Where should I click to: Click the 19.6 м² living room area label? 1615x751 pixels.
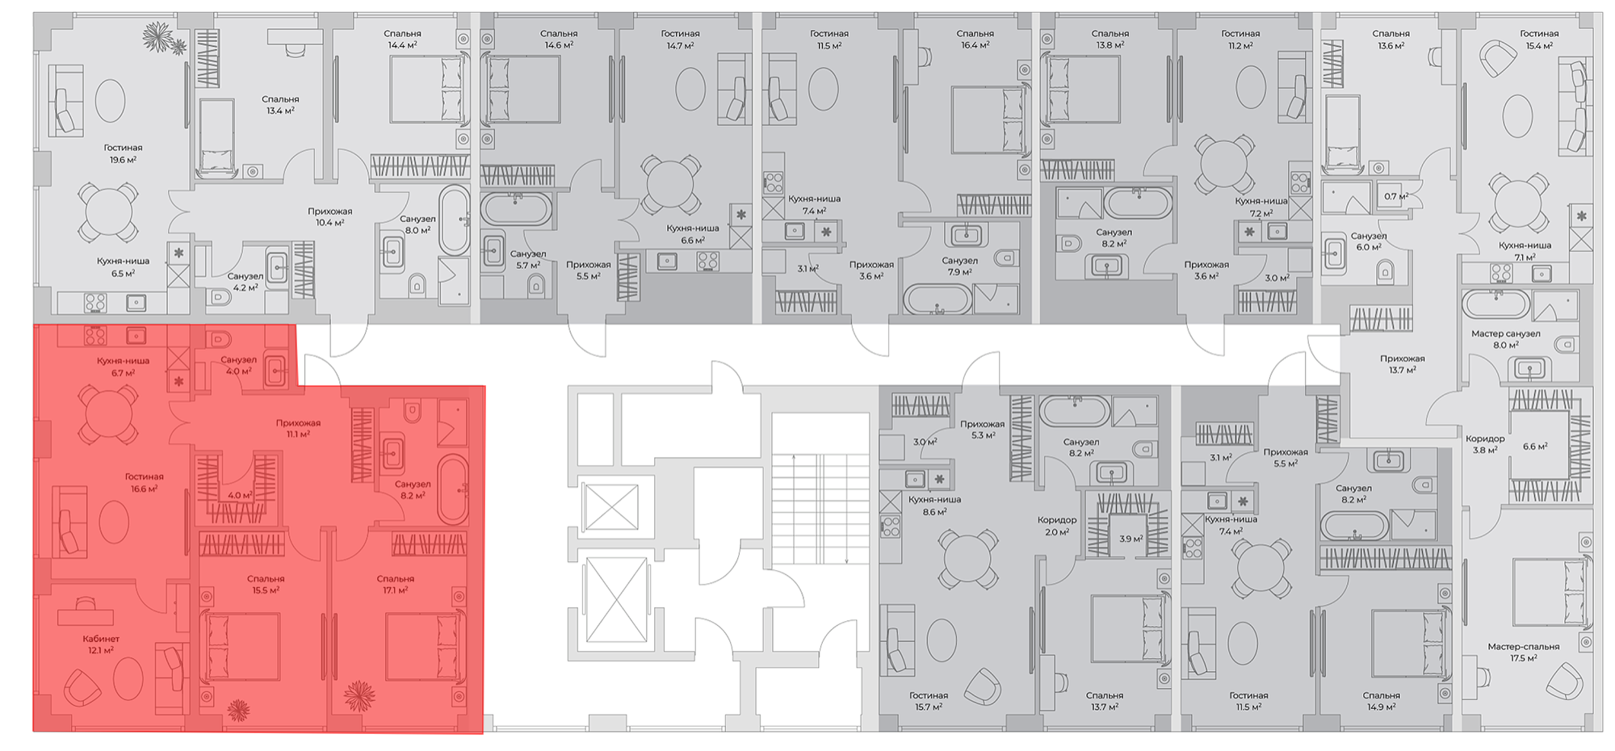point(123,160)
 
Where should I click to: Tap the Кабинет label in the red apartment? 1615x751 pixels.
point(101,639)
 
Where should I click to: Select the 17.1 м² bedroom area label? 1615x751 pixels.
point(395,590)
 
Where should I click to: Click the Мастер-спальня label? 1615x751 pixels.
point(1523,647)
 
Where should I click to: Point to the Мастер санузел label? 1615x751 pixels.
point(1505,334)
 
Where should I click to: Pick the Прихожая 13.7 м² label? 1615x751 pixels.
point(1402,364)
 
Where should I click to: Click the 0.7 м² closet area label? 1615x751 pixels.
point(1396,196)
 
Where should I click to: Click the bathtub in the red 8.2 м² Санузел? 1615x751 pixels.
point(452,490)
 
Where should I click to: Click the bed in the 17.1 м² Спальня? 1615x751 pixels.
point(426,647)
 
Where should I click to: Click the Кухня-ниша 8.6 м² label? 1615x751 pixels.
point(934,506)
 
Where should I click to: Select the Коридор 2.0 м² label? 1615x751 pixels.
point(1057,526)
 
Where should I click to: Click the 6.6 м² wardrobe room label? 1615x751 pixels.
point(1535,446)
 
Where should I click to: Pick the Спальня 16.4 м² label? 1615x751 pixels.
point(975,40)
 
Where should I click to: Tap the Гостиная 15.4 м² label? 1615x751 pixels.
point(1539,40)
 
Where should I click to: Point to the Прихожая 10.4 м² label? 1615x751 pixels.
point(329,216)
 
